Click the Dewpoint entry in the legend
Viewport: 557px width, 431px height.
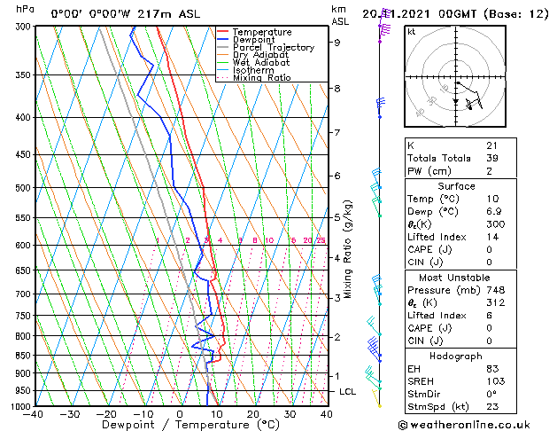click(x=254, y=40)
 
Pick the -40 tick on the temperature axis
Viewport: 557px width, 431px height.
click(x=34, y=414)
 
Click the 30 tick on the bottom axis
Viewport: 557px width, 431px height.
click(x=290, y=414)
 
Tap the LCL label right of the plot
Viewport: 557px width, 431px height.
click(x=347, y=391)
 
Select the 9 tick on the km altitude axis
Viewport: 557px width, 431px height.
click(x=337, y=42)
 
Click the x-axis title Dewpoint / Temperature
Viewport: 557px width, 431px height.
click(x=180, y=426)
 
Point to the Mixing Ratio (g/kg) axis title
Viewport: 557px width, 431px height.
click(x=348, y=249)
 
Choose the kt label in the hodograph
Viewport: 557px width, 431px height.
click(x=411, y=31)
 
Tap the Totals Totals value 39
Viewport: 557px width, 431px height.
click(x=491, y=158)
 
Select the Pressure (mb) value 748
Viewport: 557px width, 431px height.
click(x=494, y=289)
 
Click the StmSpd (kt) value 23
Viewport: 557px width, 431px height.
click(x=491, y=406)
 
